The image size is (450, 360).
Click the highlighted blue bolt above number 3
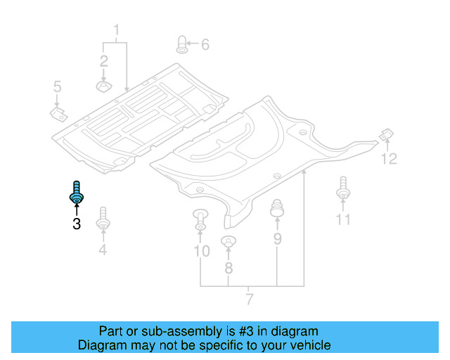76,193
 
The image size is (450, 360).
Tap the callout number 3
76,224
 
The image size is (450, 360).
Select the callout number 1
116,30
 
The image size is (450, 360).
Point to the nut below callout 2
103,86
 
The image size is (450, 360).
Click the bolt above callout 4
103,217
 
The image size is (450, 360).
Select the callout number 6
205,45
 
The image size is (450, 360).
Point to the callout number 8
228,268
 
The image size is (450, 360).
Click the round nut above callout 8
228,243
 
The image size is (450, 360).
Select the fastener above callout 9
277,208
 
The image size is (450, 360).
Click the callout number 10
201,250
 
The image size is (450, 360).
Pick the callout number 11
342,219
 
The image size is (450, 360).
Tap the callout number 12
389,159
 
